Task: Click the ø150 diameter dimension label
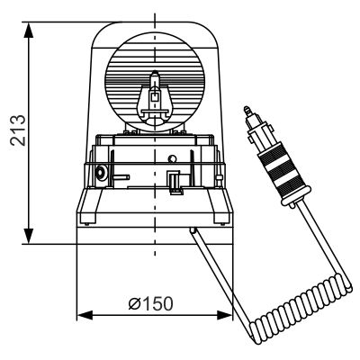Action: coord(151,302)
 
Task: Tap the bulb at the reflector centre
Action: coord(154,95)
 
